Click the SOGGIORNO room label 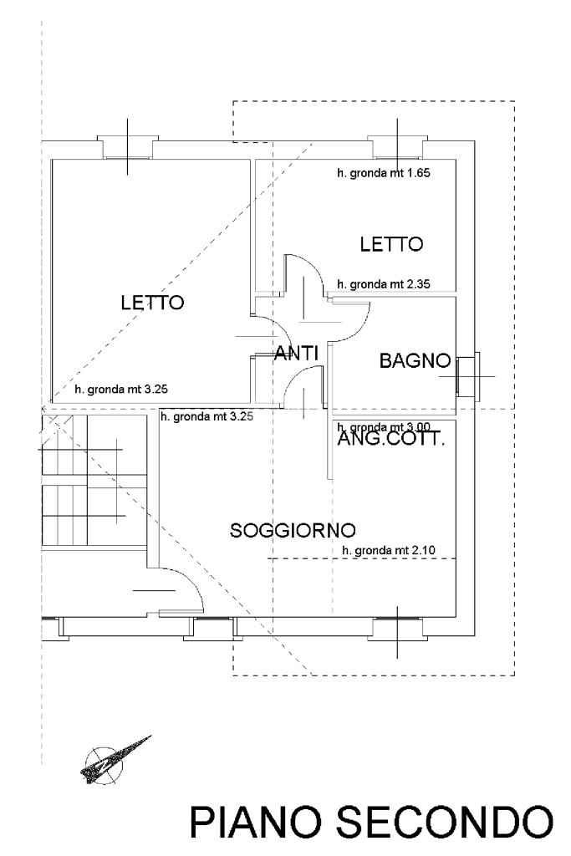pos(293,530)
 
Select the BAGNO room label pos(416,362)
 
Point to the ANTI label pos(297,354)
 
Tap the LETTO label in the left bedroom pos(151,303)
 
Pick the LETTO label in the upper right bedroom pos(392,244)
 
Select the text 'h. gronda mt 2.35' pos(384,284)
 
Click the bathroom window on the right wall pos(466,375)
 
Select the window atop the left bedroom pos(127,147)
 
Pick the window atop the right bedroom pos(397,147)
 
